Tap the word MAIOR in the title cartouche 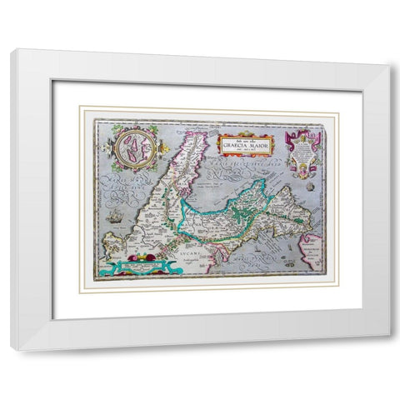(257, 143)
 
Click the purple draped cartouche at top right (302, 149)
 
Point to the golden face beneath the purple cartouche (302, 172)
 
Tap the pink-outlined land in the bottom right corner (313, 250)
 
